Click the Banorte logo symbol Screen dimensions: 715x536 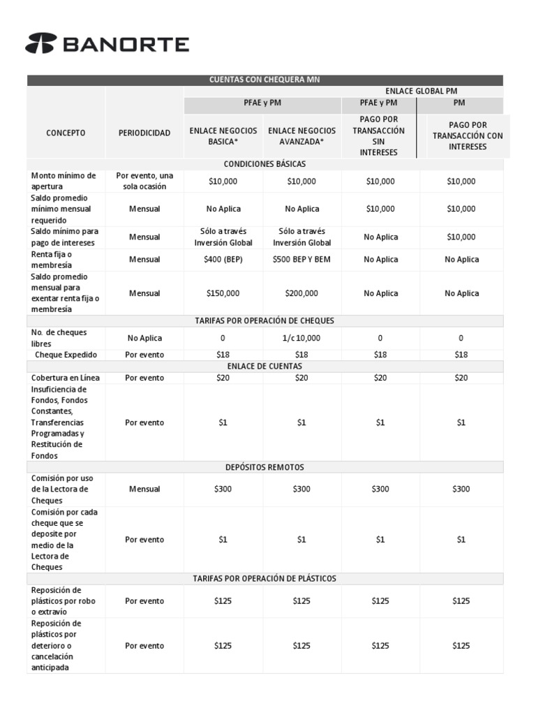click(41, 44)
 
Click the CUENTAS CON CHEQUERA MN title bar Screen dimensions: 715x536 click(265, 80)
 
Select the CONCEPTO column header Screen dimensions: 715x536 click(66, 133)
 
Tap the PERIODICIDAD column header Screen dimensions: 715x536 click(144, 133)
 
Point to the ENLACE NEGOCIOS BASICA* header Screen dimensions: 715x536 click(223, 135)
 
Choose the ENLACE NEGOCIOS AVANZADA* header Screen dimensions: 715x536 click(301, 135)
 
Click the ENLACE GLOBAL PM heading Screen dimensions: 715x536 click(421, 91)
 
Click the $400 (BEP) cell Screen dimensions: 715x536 click(223, 260)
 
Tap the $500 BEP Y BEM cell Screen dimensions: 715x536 click(301, 260)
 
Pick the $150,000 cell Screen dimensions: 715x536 click(223, 294)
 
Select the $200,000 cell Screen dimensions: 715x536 click(301, 294)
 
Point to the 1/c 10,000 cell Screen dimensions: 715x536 click(301, 338)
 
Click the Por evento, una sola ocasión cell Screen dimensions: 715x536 click(144, 181)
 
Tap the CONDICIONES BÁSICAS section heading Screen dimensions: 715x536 click(265, 164)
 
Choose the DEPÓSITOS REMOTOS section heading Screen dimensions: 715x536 click(265, 467)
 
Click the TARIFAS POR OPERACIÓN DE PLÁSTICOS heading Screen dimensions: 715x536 click(265, 579)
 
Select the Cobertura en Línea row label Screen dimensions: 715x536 click(66, 378)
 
